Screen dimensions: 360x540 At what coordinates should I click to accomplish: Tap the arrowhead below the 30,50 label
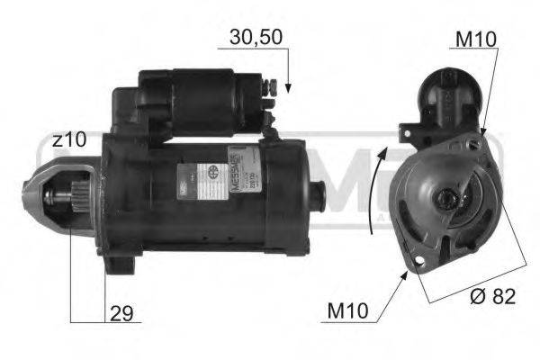288,87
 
